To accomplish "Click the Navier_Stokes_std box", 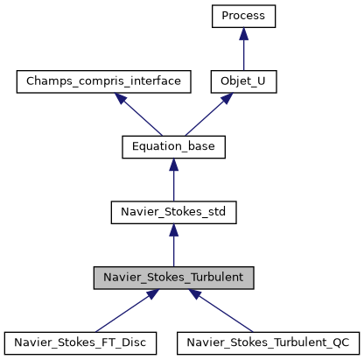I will tap(173, 212).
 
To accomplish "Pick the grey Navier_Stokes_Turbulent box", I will tap(173, 278).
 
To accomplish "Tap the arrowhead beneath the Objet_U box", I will tap(224, 97).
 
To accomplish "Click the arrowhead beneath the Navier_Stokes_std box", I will tap(173, 229).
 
